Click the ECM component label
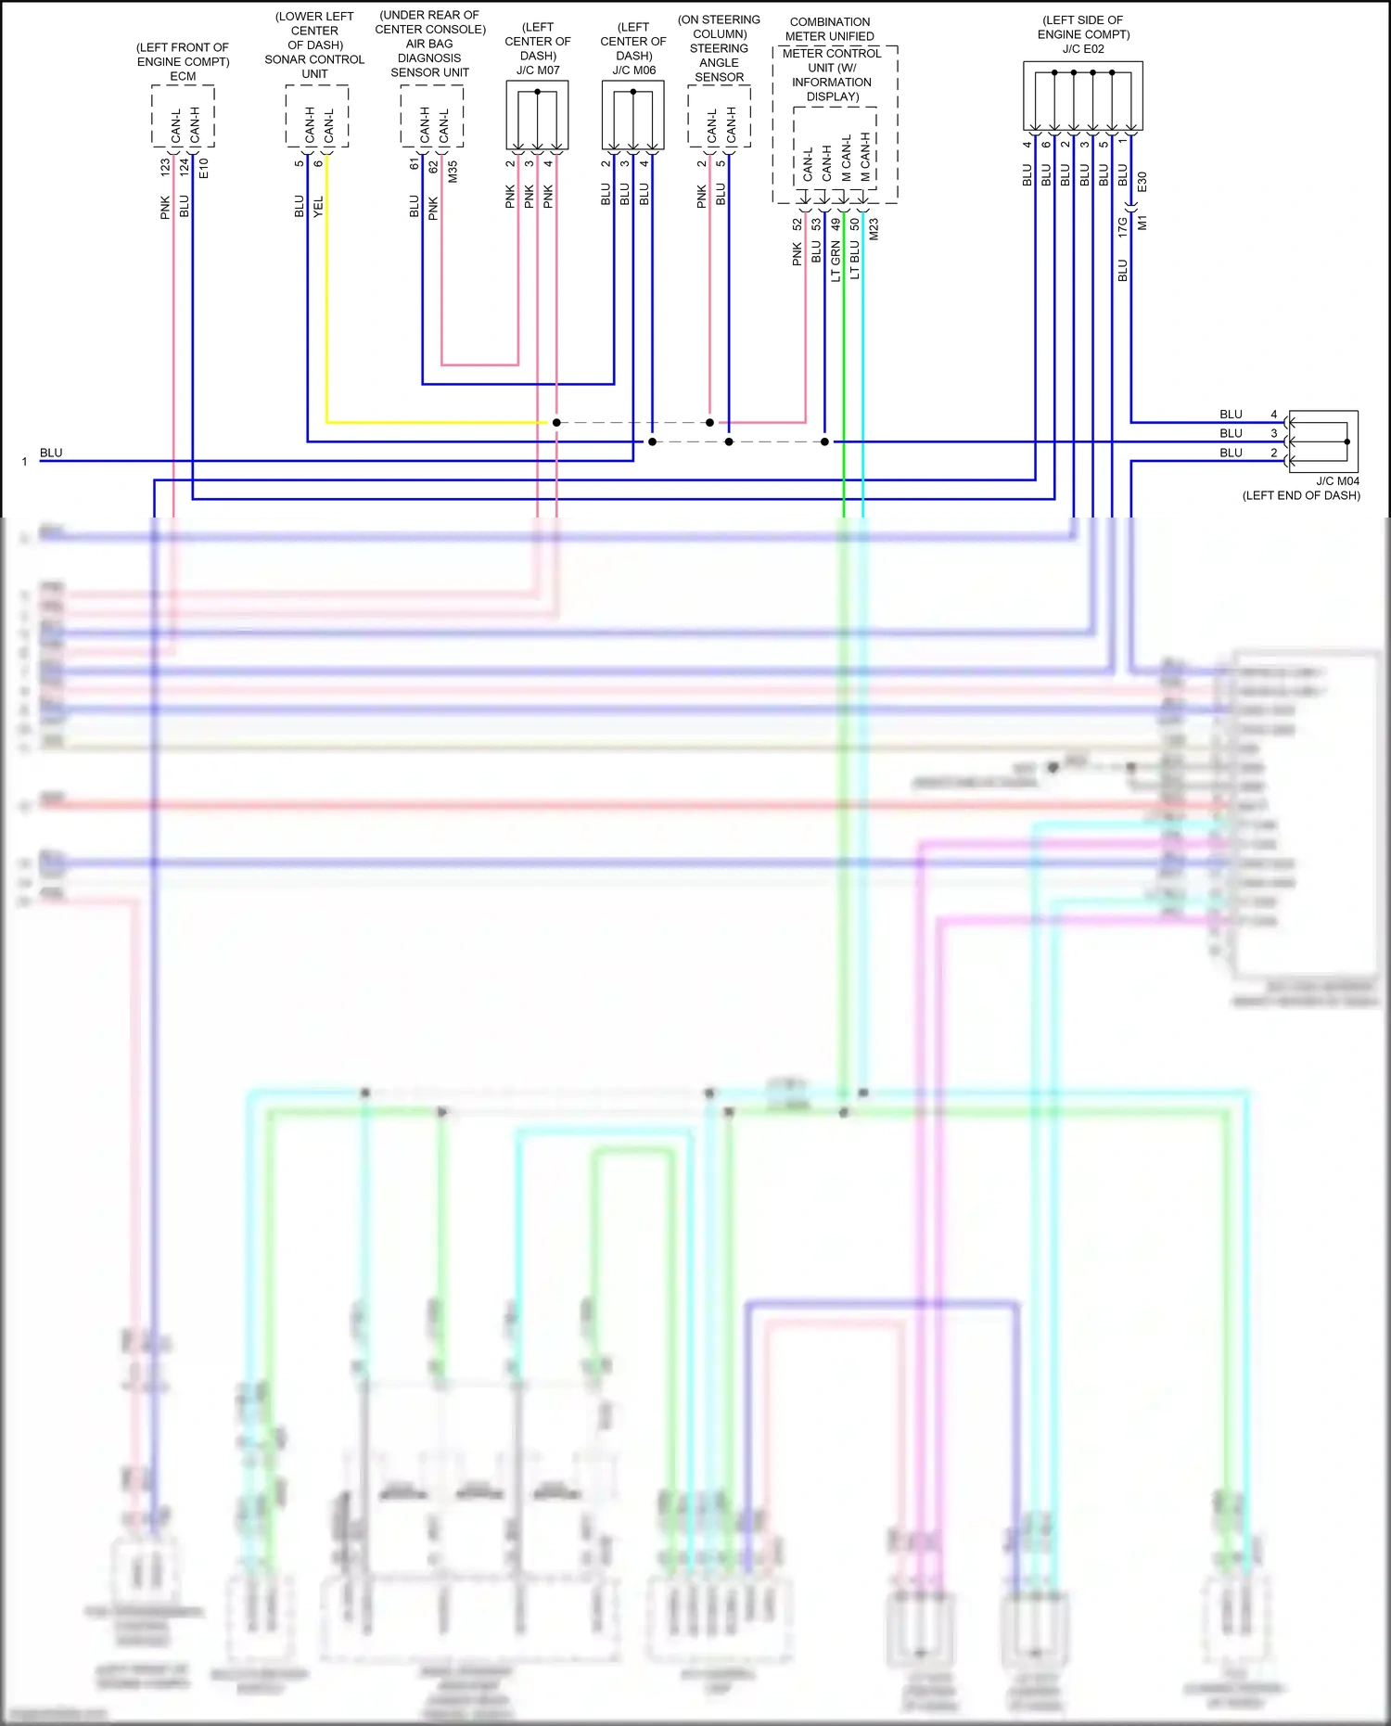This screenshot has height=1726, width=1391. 183,76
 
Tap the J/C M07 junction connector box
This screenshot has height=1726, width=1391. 537,115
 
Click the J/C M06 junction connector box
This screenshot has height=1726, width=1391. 633,115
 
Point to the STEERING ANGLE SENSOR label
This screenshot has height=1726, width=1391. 719,62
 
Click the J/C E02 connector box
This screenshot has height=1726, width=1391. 1082,96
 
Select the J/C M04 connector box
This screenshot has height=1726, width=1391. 1323,441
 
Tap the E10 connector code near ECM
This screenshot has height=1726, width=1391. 204,169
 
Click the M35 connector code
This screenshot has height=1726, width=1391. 453,172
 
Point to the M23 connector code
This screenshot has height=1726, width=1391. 874,230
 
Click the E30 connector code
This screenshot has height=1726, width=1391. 1142,182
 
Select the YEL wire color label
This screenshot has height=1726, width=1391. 318,206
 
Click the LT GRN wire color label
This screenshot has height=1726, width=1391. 836,261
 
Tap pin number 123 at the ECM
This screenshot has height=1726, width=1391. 165,167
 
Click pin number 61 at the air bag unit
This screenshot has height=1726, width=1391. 415,164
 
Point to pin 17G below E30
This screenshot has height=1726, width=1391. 1123,227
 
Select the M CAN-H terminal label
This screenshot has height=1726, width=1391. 865,158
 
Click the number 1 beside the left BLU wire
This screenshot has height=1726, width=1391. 25,462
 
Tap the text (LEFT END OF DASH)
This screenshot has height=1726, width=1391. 1301,495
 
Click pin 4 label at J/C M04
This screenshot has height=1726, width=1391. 1274,415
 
